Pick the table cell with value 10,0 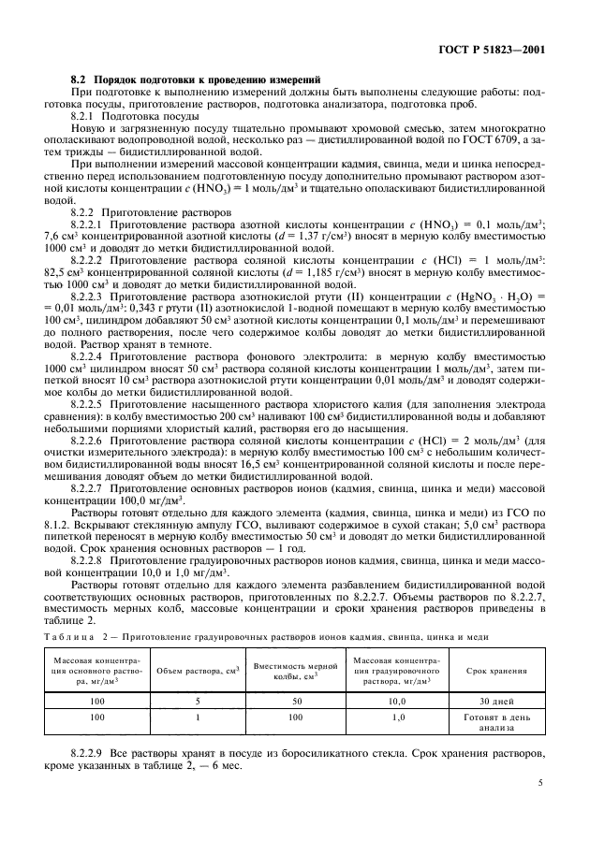[x=395, y=700]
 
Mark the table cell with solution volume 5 [x=197, y=700]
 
